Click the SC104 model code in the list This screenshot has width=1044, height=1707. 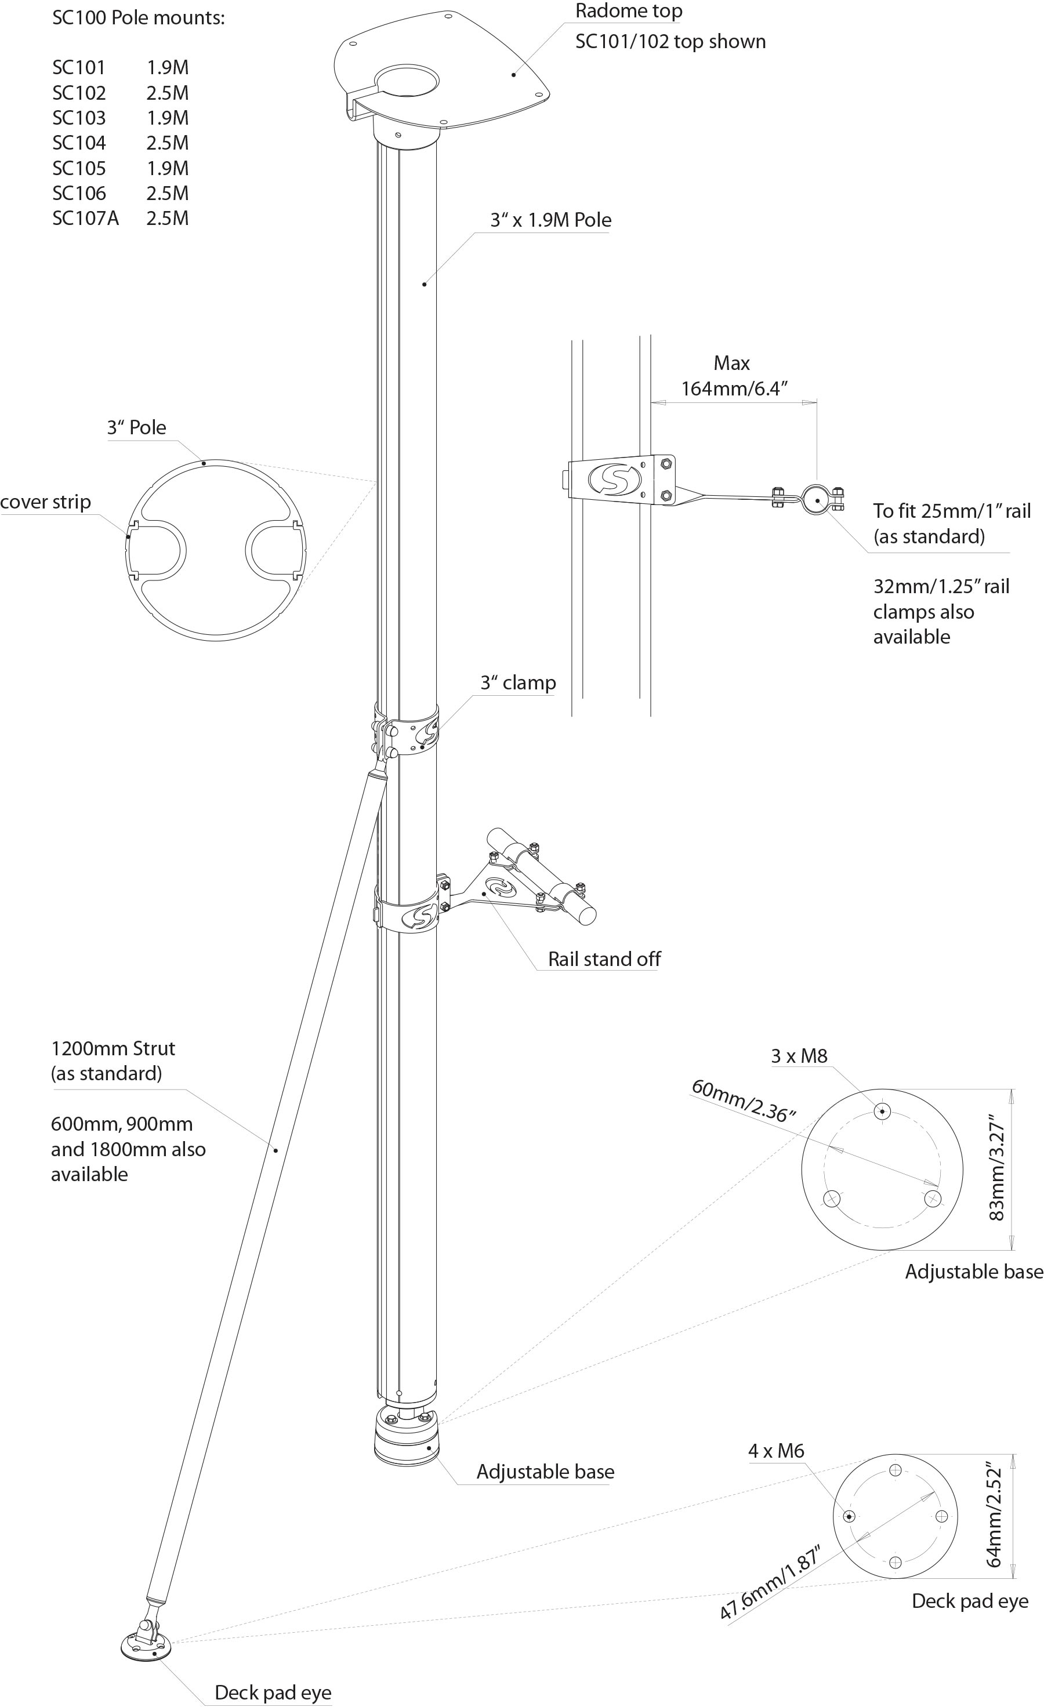[x=79, y=143]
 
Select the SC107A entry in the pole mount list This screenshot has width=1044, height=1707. [x=85, y=218]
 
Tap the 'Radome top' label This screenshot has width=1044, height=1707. [x=628, y=11]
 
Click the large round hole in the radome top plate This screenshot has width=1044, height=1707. [x=407, y=81]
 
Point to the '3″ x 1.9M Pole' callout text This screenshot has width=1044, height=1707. [x=551, y=220]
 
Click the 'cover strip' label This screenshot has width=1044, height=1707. [x=46, y=502]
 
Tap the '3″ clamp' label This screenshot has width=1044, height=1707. [x=518, y=682]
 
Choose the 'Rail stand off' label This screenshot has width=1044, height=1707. [x=604, y=959]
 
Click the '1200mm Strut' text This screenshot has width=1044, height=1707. [x=113, y=1048]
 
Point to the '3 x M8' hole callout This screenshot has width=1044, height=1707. [x=799, y=1056]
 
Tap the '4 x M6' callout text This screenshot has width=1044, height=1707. [x=776, y=1451]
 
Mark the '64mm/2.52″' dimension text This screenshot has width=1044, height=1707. [x=994, y=1515]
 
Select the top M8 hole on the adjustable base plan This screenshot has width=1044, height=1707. [x=882, y=1111]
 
